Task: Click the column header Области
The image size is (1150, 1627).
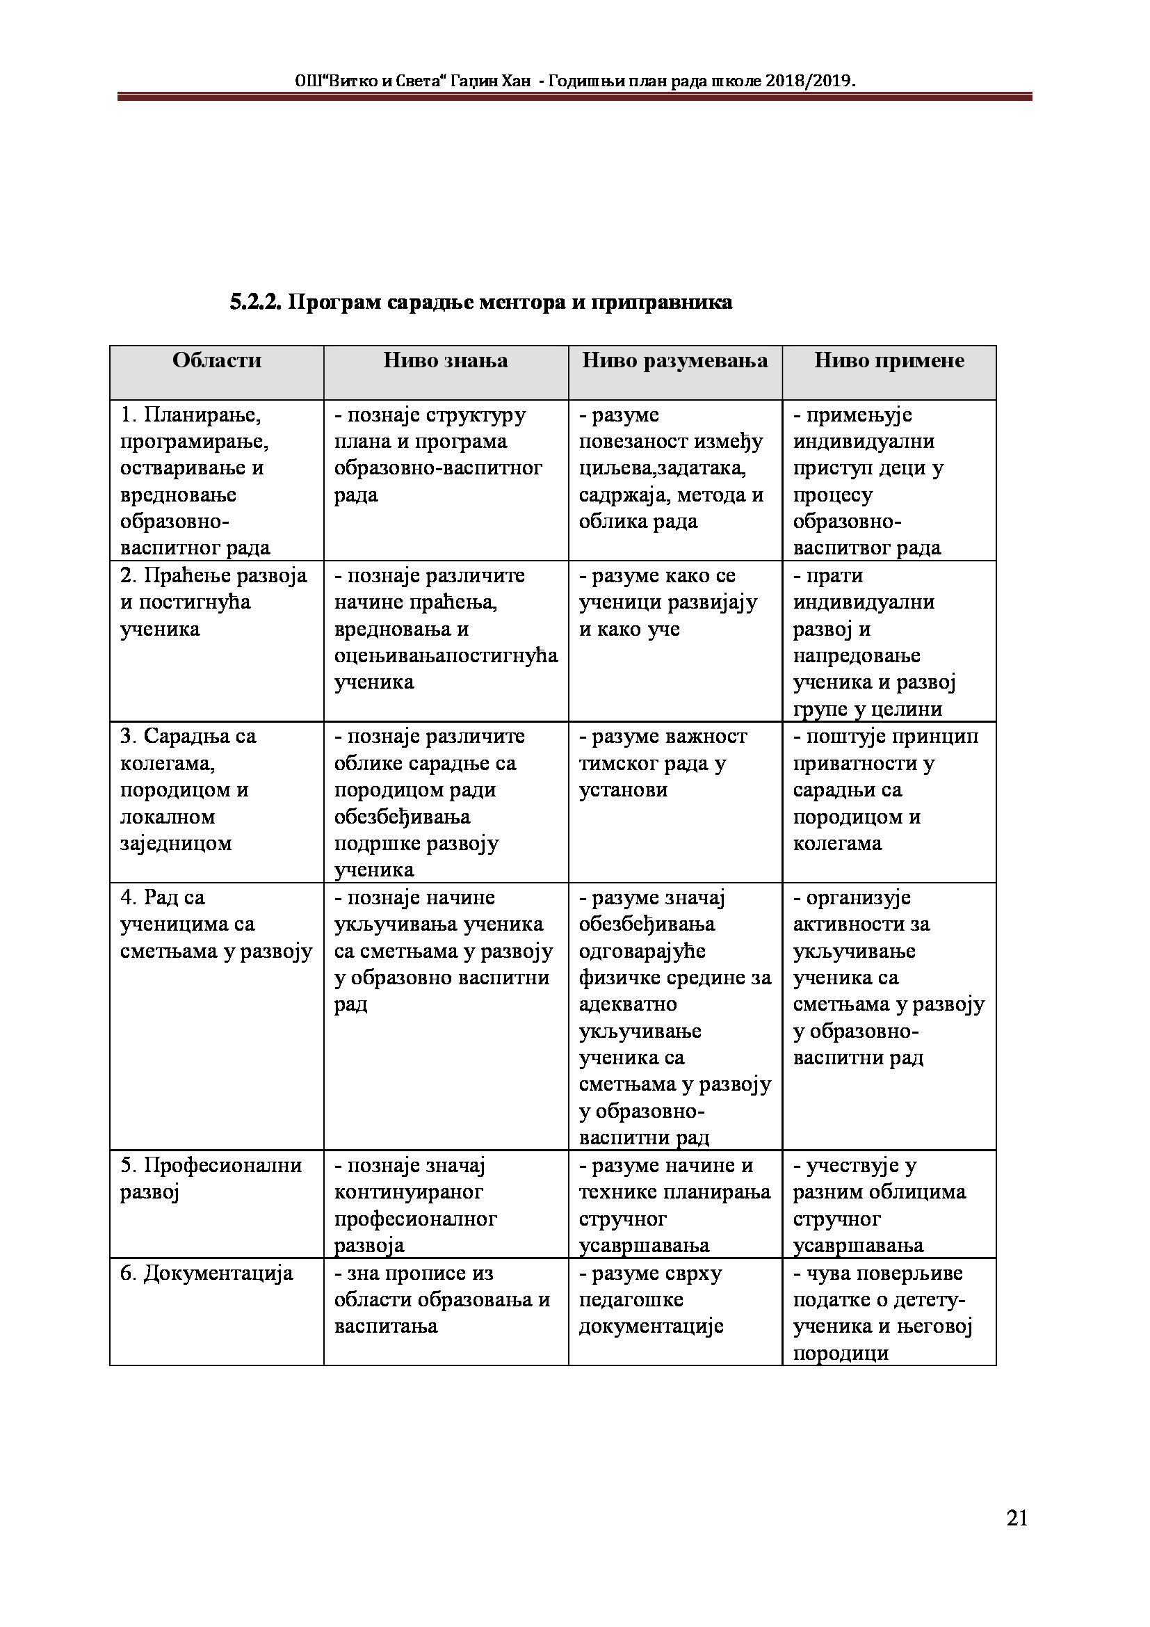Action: (x=217, y=361)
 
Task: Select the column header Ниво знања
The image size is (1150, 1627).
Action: (x=446, y=361)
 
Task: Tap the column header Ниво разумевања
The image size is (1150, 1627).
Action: (x=675, y=361)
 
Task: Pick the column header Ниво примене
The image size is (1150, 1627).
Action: (x=889, y=361)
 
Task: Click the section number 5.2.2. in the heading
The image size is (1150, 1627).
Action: (x=256, y=303)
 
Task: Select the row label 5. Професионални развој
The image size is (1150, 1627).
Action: (x=211, y=1178)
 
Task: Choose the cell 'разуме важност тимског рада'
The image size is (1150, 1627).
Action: (x=663, y=763)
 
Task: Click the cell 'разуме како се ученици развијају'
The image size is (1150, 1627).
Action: (x=667, y=602)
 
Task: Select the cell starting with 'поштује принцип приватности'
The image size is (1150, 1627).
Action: (x=885, y=790)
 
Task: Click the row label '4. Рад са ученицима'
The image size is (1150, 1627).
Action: (x=216, y=924)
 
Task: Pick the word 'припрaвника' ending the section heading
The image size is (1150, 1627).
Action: (x=661, y=303)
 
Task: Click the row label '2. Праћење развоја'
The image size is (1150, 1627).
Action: (x=213, y=602)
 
